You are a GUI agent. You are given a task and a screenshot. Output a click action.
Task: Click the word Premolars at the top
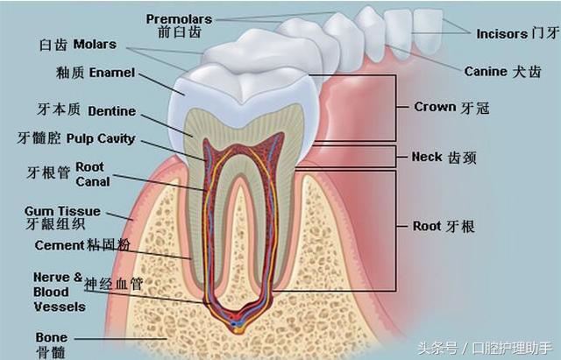[179, 18]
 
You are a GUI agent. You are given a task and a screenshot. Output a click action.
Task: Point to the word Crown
[435, 107]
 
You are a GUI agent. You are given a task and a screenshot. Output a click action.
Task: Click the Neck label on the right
[426, 157]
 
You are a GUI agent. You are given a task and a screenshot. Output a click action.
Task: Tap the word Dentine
[111, 111]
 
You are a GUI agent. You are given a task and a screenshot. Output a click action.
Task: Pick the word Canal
[93, 181]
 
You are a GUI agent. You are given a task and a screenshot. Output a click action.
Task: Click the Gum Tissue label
[62, 211]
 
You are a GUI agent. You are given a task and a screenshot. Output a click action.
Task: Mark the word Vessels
[59, 307]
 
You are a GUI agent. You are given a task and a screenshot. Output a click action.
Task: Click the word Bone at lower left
[51, 337]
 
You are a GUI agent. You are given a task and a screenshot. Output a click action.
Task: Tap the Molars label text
[95, 44]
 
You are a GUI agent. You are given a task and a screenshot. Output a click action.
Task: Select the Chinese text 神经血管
[113, 286]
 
